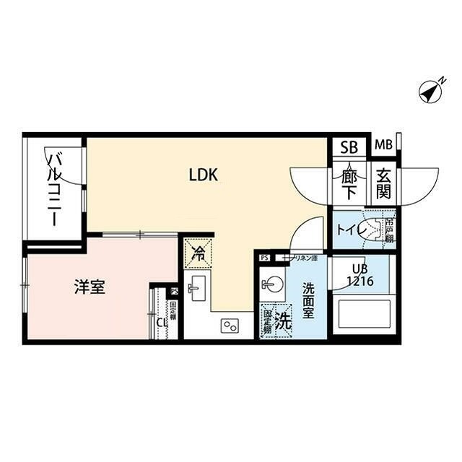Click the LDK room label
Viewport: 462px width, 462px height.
pyautogui.click(x=204, y=174)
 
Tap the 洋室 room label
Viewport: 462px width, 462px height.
pyautogui.click(x=90, y=287)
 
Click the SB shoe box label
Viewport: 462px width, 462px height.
pyautogui.click(x=349, y=147)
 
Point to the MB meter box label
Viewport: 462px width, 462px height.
pyautogui.click(x=383, y=145)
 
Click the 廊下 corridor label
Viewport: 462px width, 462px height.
pyautogui.click(x=349, y=183)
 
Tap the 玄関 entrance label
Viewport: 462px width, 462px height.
pyautogui.click(x=382, y=184)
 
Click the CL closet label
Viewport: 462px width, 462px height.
pyautogui.click(x=161, y=323)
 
